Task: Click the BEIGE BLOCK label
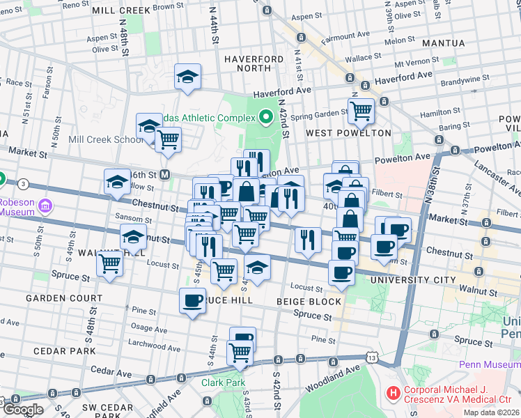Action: (x=309, y=302)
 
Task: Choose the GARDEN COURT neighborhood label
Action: (x=64, y=297)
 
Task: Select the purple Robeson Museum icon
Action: (x=46, y=206)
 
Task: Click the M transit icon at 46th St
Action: (x=165, y=174)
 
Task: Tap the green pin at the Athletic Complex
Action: (x=265, y=117)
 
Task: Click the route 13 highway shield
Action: (x=373, y=357)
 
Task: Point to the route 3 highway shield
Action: (x=24, y=184)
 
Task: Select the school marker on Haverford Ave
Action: (x=187, y=77)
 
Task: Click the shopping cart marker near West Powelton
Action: (x=361, y=110)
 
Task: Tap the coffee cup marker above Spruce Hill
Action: (x=192, y=301)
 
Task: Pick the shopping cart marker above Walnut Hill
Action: (x=110, y=263)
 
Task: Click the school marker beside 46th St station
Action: (x=117, y=183)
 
